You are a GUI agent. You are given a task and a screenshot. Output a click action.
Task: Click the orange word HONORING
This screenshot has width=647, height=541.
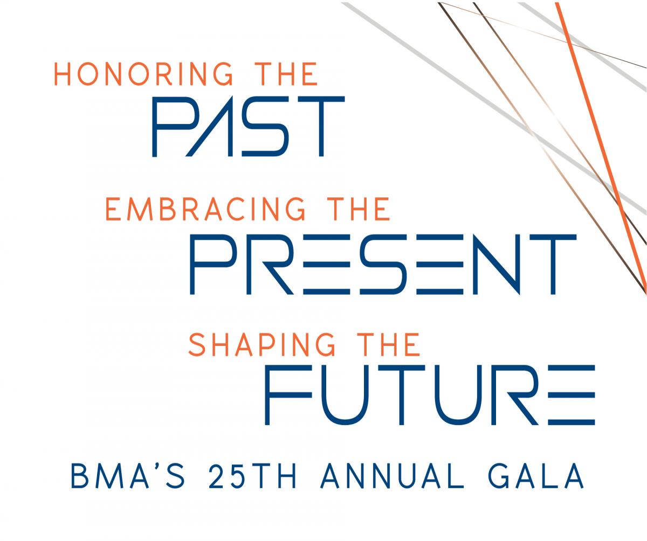(x=143, y=74)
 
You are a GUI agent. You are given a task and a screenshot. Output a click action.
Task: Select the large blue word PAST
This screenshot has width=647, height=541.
(x=249, y=126)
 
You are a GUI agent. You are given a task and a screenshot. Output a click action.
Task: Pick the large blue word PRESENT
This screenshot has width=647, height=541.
(x=383, y=264)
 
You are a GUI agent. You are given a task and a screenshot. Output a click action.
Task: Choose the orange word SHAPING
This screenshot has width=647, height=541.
(x=262, y=344)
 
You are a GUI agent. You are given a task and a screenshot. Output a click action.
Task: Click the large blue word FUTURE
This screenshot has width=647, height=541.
(x=430, y=395)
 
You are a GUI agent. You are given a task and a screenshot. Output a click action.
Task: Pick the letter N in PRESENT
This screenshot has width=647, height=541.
(x=497, y=264)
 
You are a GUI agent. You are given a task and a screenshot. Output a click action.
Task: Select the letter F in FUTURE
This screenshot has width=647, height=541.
(x=288, y=395)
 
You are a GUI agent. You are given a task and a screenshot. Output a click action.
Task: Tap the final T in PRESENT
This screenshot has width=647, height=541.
(x=553, y=264)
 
